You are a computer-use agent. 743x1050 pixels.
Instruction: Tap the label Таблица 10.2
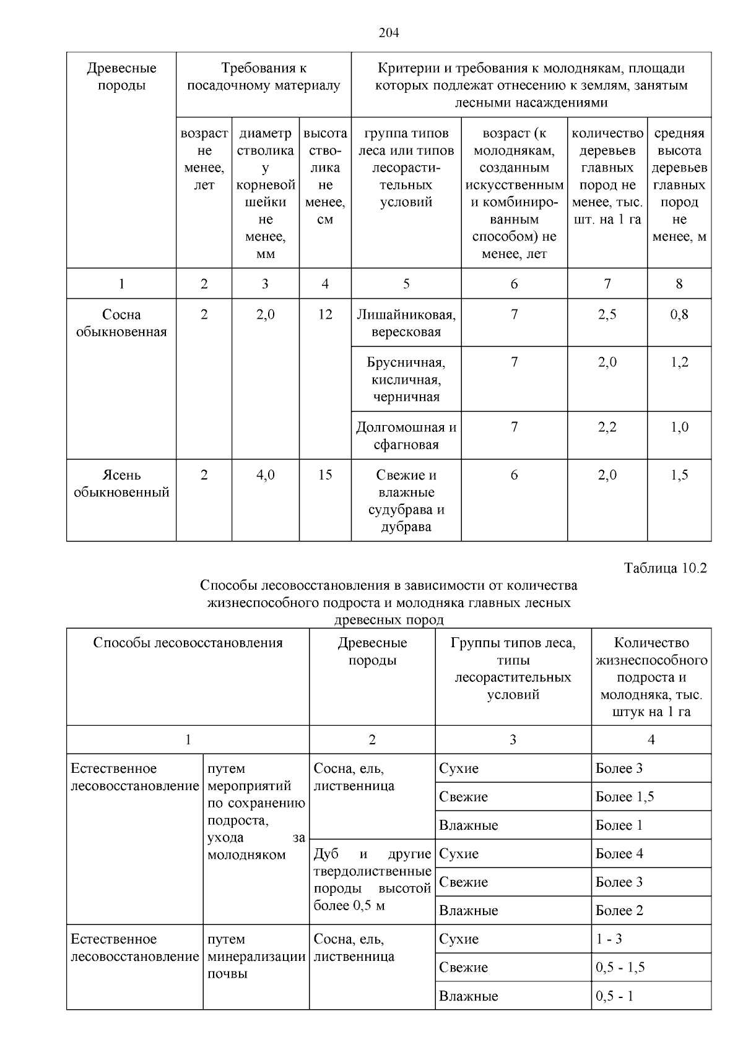[666, 568]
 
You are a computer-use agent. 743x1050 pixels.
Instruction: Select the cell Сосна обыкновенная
[121, 324]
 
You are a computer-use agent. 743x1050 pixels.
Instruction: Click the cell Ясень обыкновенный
[121, 484]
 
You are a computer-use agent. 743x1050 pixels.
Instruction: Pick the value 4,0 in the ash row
[265, 475]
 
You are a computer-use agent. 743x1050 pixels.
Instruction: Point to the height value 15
[325, 475]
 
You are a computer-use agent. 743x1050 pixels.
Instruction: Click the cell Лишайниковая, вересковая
[406, 324]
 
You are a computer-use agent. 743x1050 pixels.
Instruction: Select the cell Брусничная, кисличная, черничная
[406, 379]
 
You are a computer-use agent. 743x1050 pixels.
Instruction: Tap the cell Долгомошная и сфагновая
[406, 436]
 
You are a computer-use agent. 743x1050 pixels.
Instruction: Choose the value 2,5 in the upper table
[607, 315]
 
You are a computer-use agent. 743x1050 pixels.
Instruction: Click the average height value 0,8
[679, 315]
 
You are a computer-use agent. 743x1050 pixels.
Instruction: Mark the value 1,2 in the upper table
[679, 363]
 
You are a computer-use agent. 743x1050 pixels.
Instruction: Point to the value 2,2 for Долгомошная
[607, 428]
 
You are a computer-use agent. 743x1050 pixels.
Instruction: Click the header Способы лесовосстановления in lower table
[188, 643]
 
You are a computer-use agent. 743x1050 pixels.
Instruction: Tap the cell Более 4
[619, 854]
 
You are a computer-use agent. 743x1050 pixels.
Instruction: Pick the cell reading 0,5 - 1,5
[620, 968]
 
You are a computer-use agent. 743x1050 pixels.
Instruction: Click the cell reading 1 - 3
[609, 939]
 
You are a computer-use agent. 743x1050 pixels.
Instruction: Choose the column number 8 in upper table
[679, 284]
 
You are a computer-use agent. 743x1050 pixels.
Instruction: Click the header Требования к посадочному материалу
[264, 77]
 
